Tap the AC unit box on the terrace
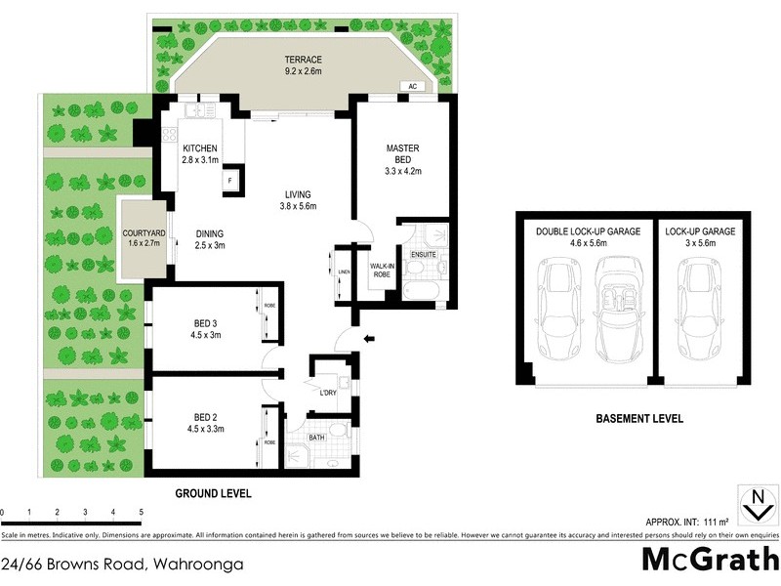[x=412, y=86]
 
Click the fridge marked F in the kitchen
[x=230, y=182]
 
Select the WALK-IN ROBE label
[x=382, y=269]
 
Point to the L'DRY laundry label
[x=329, y=393]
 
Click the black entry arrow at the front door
[x=368, y=339]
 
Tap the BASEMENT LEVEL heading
[x=638, y=419]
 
